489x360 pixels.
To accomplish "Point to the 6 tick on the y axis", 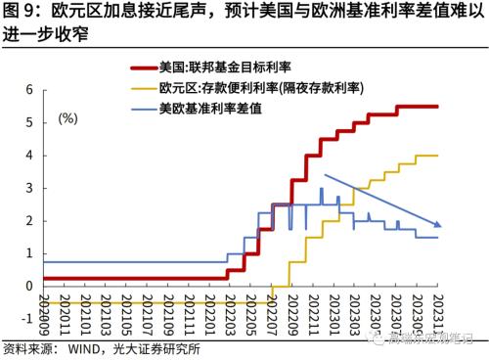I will click(30, 89).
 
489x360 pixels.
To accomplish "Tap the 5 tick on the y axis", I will click(30, 122).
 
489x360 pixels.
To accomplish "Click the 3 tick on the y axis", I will click(30, 188).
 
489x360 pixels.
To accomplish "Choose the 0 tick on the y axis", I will click(30, 286).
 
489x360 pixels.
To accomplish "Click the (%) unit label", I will click(67, 118).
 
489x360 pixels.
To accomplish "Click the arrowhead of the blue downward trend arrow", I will click(438, 225).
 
